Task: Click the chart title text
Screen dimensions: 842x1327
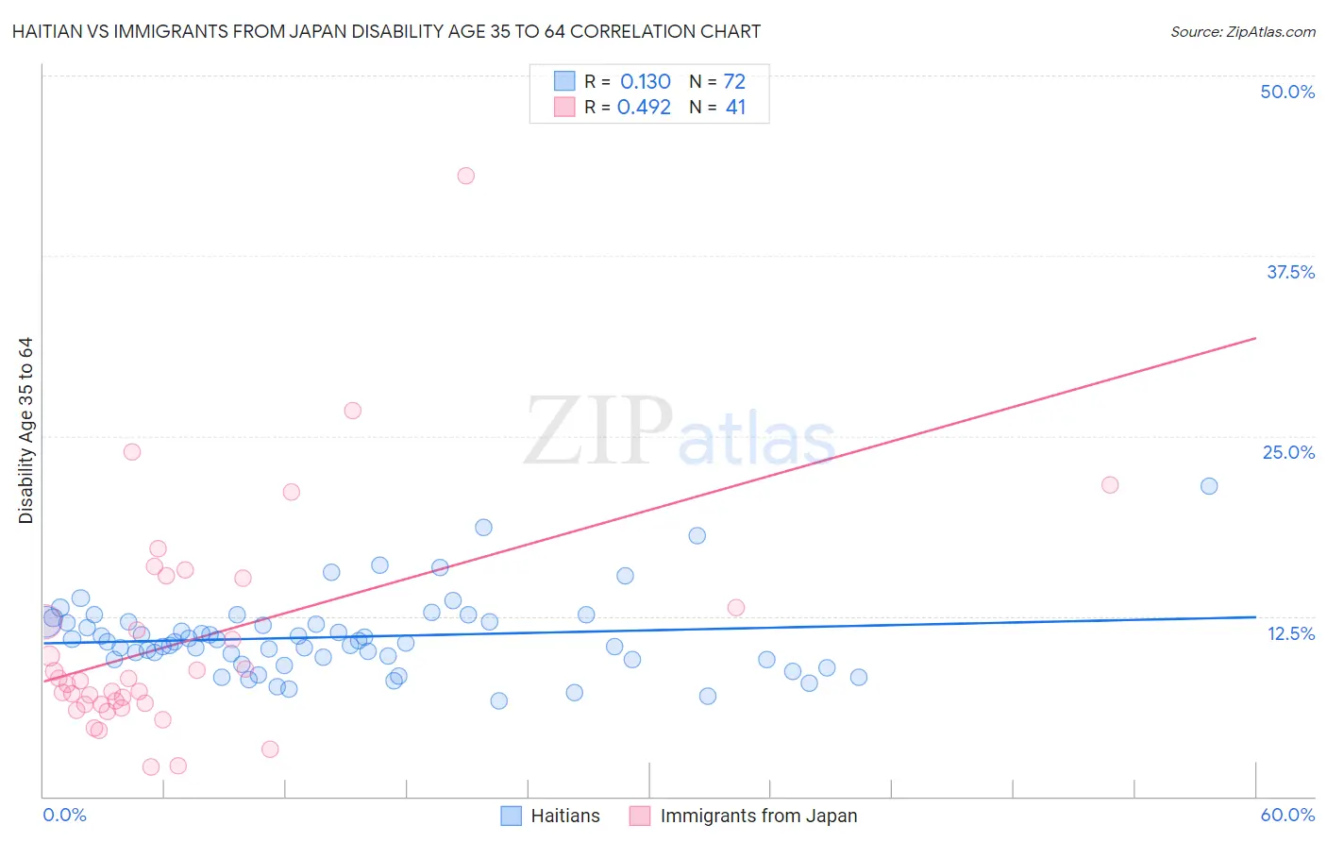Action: tap(386, 32)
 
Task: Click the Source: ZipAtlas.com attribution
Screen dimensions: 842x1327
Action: tap(1242, 32)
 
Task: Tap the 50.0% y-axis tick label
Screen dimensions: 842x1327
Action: tap(1287, 92)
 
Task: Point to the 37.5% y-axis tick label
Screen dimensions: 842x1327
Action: tap(1290, 272)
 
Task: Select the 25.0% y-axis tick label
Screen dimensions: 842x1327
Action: tap(1288, 452)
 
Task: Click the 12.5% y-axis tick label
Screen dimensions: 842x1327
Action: tap(1290, 633)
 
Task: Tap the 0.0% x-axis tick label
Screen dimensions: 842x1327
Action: tap(64, 815)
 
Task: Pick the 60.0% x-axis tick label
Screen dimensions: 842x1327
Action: tap(1287, 815)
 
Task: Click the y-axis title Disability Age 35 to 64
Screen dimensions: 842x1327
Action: tap(25, 430)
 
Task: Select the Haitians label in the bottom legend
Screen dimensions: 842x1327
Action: tap(564, 816)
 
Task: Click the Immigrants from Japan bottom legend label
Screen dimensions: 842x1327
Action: tap(758, 816)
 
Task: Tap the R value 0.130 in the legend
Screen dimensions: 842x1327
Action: tap(645, 82)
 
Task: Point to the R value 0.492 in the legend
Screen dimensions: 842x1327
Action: tap(644, 108)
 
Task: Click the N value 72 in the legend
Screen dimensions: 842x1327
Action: tap(734, 82)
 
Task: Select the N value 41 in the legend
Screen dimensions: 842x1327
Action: tap(735, 108)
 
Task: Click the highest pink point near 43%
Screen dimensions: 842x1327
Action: tap(465, 176)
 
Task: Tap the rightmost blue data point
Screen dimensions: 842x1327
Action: tap(1209, 486)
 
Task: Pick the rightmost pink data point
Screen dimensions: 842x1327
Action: tap(1110, 485)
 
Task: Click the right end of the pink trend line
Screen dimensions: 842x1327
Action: tap(1255, 338)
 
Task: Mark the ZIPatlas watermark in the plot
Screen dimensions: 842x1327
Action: tap(680, 433)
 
